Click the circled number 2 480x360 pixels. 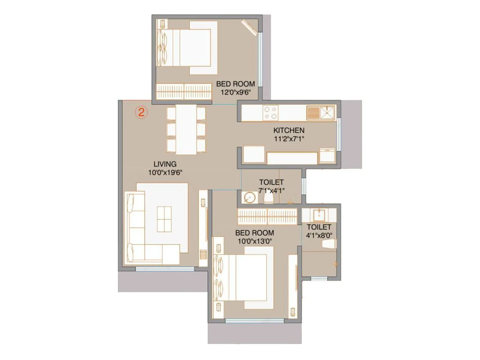141,112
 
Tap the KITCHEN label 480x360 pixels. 289,130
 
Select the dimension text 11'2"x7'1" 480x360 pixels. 289,139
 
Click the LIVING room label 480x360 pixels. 165,164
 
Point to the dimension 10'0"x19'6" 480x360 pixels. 165,172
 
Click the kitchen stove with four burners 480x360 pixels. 270,113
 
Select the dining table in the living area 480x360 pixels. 186,129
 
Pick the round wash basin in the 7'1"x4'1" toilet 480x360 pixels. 249,197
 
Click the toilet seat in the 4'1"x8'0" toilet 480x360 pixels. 328,244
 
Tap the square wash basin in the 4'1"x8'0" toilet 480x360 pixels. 319,215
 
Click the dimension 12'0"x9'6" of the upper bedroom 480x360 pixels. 235,92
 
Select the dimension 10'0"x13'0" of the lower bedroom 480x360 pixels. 254,241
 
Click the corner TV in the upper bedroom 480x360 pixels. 250,28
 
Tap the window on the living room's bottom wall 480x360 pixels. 165,269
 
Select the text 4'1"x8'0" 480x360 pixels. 319,236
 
